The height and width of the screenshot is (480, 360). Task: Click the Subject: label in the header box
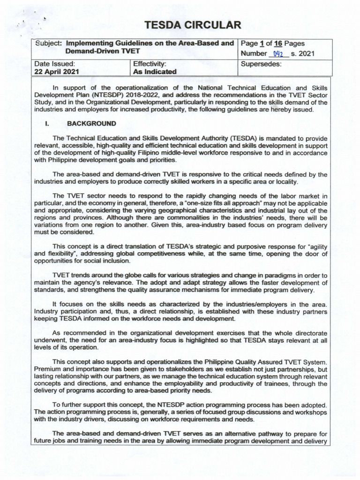[x=49, y=43]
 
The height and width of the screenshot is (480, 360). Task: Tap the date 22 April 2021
[x=57, y=72]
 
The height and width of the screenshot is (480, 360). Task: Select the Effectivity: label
[x=150, y=63]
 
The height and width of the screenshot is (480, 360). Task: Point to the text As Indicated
[x=155, y=72]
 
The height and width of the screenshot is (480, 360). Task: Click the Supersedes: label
[x=261, y=63]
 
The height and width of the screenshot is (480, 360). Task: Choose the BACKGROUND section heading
[x=92, y=124]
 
